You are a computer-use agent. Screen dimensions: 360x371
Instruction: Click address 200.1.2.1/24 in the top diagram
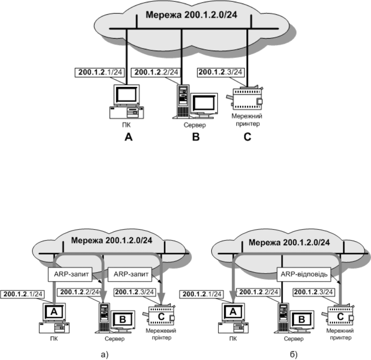[99, 71]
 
